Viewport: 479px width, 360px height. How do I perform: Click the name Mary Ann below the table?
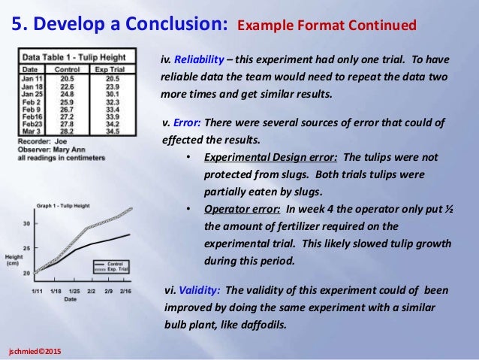(x=66, y=149)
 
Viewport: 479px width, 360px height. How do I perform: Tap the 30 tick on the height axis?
(x=28, y=224)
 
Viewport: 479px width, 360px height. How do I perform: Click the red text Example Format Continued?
(x=327, y=26)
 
